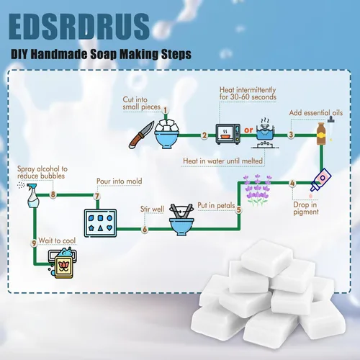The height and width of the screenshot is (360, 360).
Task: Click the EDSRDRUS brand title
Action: pos(79,27)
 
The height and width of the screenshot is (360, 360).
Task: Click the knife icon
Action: pos(141,135)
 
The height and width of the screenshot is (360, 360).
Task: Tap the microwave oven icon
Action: pos(228,134)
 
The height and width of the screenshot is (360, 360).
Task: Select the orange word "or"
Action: pos(248,130)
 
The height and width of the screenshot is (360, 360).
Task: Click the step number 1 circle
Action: pos(166,110)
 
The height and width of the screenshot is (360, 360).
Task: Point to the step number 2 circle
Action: pos(204,135)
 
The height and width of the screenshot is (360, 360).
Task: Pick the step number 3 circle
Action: pos(291,135)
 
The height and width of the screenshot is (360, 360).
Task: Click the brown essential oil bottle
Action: pos(321,134)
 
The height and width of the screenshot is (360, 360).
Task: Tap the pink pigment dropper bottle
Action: pos(320,179)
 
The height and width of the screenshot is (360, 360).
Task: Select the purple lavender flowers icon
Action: pos(258,189)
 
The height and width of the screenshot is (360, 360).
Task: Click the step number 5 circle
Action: pos(238,210)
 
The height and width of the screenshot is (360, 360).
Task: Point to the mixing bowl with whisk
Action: pos(181,220)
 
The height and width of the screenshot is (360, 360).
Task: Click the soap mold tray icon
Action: pos(100,223)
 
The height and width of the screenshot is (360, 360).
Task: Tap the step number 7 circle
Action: pos(97,196)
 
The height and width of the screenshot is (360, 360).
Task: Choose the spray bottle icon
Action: pos(31,195)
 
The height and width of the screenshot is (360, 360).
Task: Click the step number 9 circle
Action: pos(34,243)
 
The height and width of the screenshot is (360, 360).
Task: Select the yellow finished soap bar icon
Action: pos(63,267)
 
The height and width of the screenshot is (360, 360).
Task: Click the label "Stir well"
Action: pos(152,209)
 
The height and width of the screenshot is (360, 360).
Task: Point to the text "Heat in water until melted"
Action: pos(222,161)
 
